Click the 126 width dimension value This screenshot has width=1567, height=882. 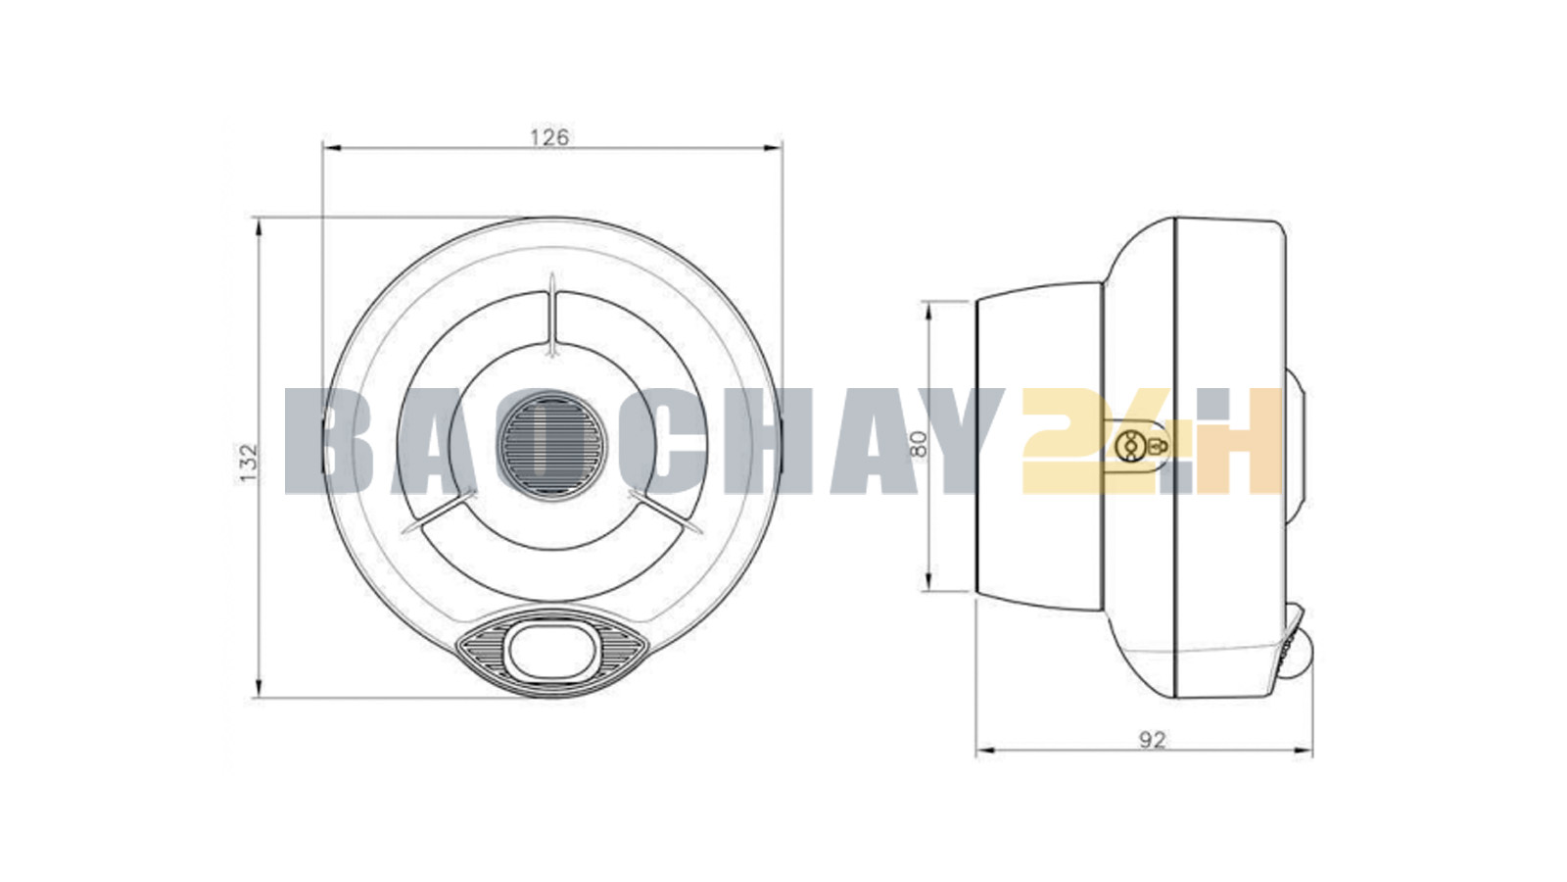pyautogui.click(x=549, y=137)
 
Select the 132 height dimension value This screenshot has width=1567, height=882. pyautogui.click(x=249, y=462)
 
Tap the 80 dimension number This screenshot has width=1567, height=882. pyautogui.click(x=919, y=444)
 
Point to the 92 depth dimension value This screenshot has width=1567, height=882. pyautogui.click(x=1152, y=740)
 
